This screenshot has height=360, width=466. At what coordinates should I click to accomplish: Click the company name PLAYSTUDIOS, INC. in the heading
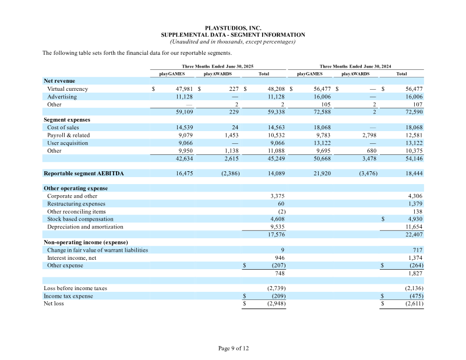click(x=233, y=28)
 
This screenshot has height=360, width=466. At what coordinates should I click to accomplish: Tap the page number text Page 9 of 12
click(x=234, y=348)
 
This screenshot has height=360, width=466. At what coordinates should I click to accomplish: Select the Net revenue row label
click(x=59, y=81)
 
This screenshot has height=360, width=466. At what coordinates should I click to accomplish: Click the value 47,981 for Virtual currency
click(x=184, y=89)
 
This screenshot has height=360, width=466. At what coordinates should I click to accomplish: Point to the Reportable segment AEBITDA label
click(x=83, y=174)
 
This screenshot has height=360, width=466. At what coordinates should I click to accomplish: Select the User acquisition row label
click(x=68, y=143)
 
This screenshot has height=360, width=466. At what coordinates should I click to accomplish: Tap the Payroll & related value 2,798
click(x=369, y=135)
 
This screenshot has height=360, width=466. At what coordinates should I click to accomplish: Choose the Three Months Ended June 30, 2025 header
click(x=217, y=66)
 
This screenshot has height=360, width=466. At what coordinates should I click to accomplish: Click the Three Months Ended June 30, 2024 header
click(x=355, y=66)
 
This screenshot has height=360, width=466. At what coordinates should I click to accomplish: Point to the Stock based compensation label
click(x=80, y=219)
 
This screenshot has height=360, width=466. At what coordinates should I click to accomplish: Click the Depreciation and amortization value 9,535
click(x=277, y=227)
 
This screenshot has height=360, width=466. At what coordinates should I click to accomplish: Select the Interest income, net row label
click(x=72, y=258)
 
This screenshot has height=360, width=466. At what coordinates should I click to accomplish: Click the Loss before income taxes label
click(x=75, y=288)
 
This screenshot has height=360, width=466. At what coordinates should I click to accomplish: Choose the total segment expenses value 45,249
click(x=276, y=159)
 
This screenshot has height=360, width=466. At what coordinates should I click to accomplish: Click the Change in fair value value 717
click(x=418, y=250)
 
